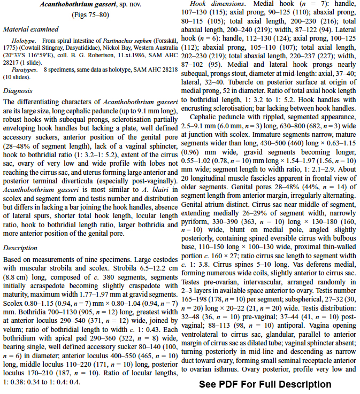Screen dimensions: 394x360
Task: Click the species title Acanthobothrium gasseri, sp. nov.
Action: tap(89, 5)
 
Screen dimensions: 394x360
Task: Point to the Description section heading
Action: tap(20, 248)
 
